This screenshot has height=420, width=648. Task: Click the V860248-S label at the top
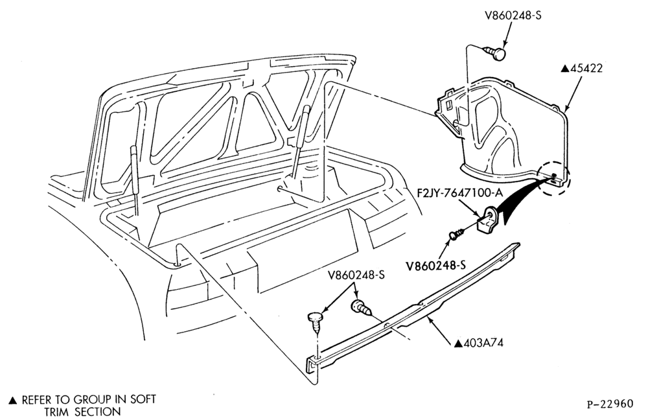(513, 16)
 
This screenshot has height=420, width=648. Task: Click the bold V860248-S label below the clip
(435, 265)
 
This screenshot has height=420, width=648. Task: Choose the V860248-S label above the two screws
(356, 275)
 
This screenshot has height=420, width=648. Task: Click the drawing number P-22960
(610, 403)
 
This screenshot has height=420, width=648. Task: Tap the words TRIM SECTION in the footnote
(83, 412)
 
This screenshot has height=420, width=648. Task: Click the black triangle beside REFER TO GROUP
(13, 400)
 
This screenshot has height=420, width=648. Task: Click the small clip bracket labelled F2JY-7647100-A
(487, 220)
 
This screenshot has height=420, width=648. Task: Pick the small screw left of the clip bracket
(456, 235)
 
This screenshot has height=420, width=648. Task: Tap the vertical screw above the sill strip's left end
(317, 322)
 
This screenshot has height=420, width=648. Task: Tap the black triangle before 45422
(565, 69)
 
